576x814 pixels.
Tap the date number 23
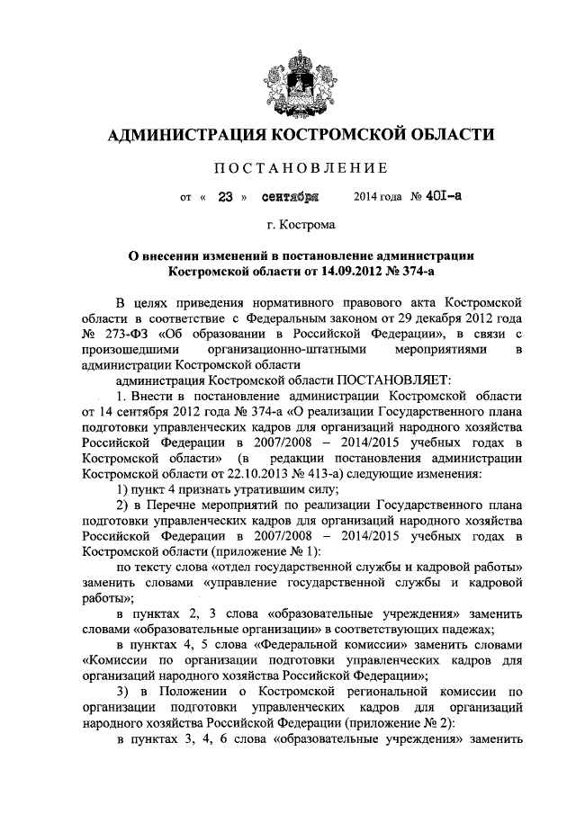(226, 196)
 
